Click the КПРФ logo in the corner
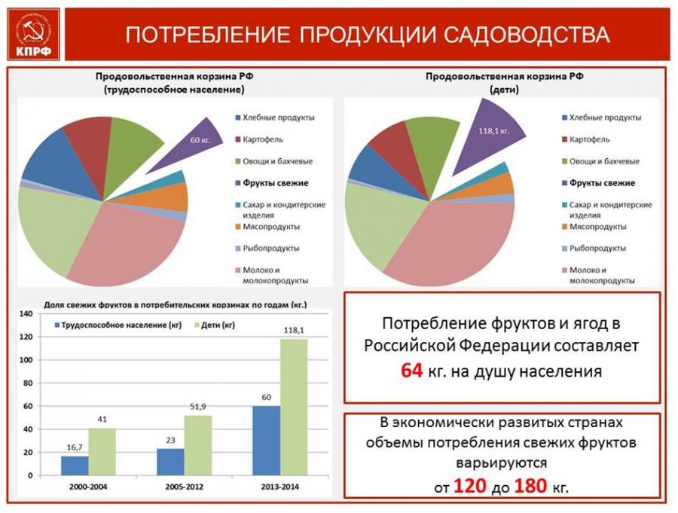[x=30, y=35]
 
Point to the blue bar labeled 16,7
[x=75, y=466]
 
